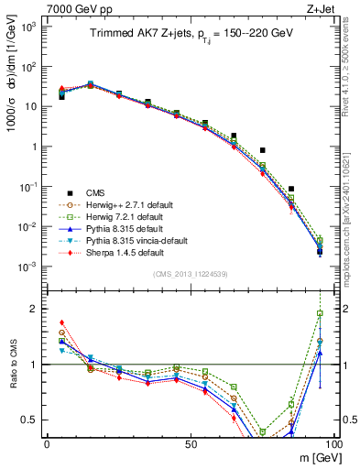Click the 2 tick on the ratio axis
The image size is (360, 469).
point(35,309)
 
